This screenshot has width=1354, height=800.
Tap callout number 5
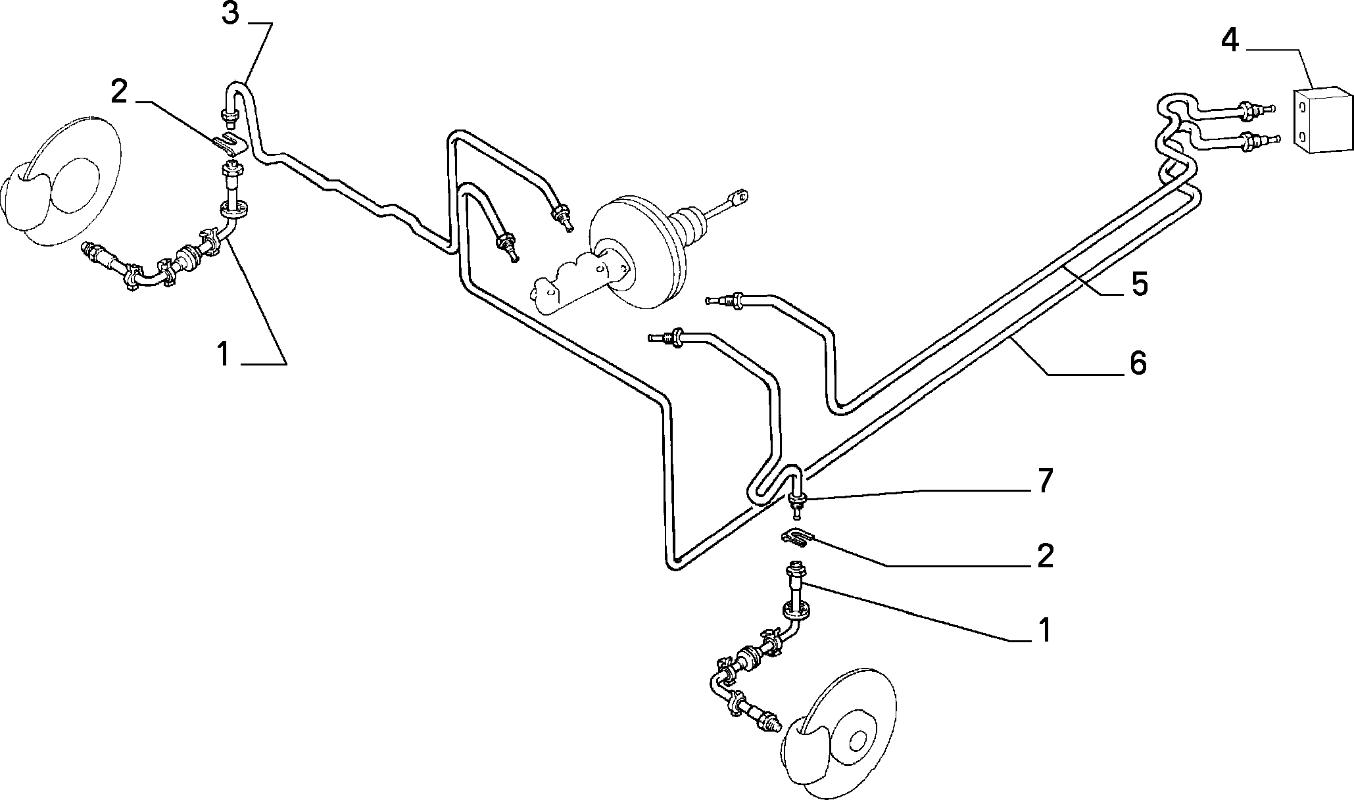(1139, 283)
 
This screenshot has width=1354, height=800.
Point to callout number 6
(1138, 363)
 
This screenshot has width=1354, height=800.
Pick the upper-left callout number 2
(119, 93)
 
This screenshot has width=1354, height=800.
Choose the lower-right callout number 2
(1044, 556)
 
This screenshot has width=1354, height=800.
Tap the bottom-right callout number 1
(1044, 629)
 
